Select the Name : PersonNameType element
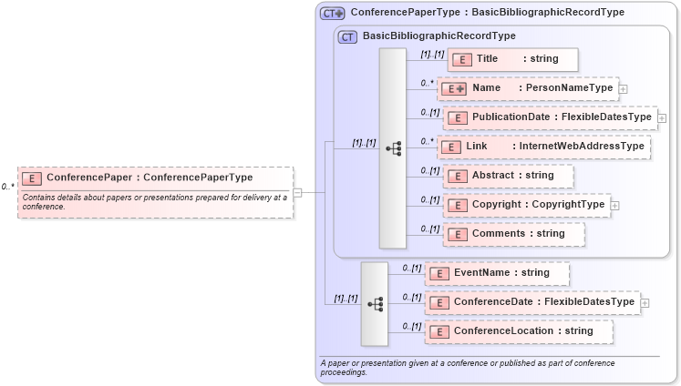528,88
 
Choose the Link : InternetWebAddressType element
543,147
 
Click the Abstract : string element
509,176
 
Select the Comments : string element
514,234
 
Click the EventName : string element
498,273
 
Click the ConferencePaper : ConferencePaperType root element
155,178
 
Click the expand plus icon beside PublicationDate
662,118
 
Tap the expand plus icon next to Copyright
614,206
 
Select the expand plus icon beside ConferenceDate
645,303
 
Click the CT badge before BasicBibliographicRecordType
347,36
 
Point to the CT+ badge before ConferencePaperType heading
333,13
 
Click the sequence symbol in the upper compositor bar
393,147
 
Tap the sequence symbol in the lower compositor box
375,304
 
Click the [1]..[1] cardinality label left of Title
432,54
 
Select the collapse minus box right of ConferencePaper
297,192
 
